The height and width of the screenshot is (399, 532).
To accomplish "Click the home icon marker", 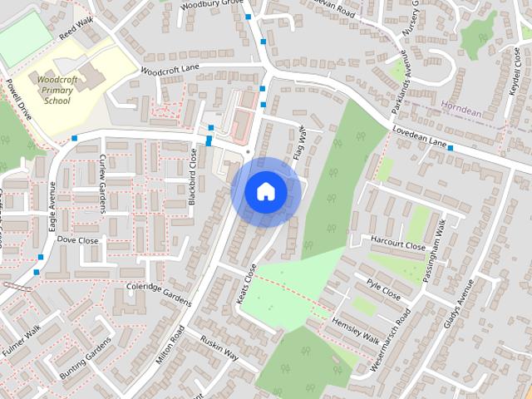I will [265, 191].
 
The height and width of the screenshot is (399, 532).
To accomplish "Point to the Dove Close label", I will [77, 240].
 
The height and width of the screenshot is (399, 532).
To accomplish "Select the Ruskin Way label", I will [219, 347].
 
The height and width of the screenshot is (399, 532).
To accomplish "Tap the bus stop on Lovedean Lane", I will [451, 148].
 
